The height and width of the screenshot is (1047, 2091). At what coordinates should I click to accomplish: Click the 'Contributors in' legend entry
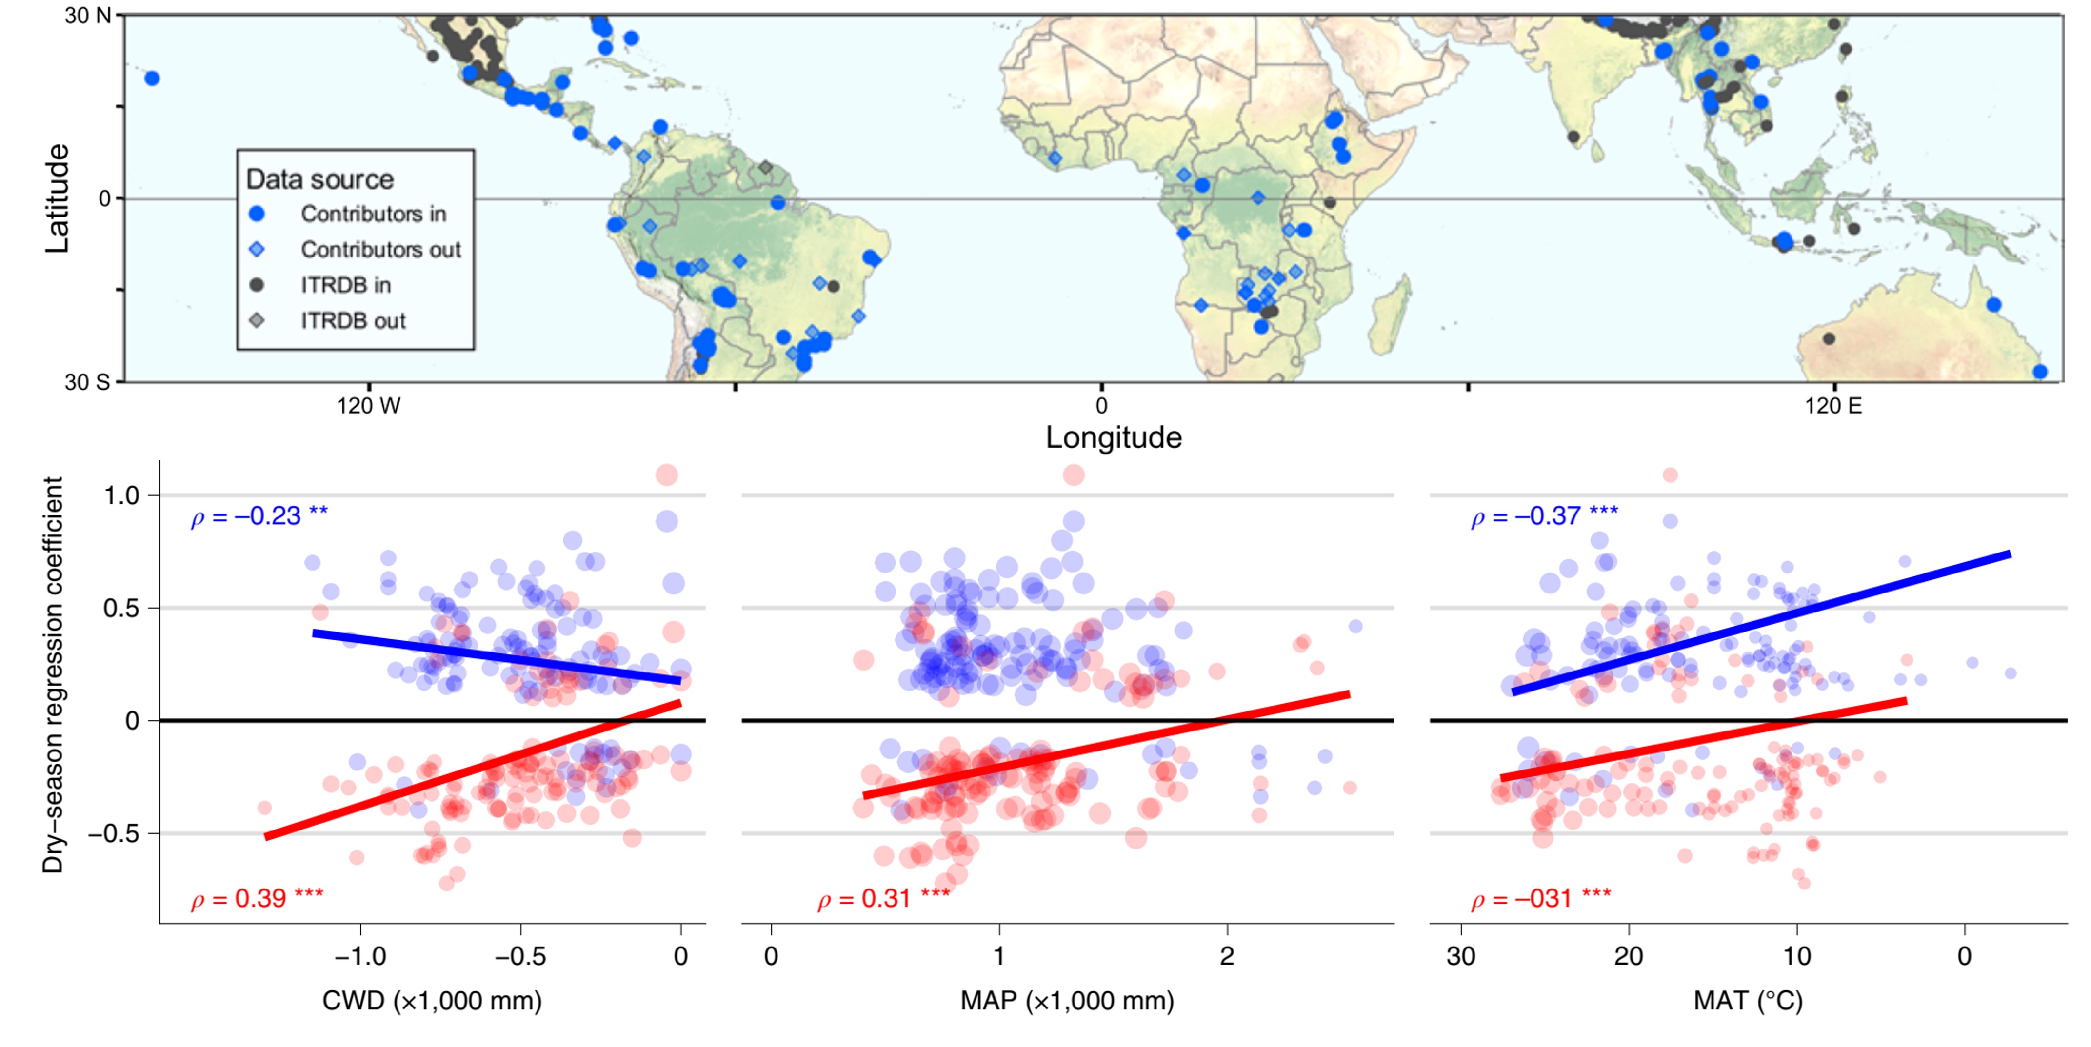click(373, 214)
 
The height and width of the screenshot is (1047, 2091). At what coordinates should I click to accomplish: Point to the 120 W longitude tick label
click(369, 406)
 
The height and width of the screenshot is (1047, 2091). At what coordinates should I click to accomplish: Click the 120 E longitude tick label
click(1833, 406)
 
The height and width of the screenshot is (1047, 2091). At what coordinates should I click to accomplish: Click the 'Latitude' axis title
click(57, 199)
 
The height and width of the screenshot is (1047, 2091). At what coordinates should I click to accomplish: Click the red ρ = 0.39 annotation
click(257, 898)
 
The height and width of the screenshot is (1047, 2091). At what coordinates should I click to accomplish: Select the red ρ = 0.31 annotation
click(883, 898)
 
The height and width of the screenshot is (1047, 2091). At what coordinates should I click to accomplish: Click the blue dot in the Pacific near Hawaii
click(152, 79)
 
